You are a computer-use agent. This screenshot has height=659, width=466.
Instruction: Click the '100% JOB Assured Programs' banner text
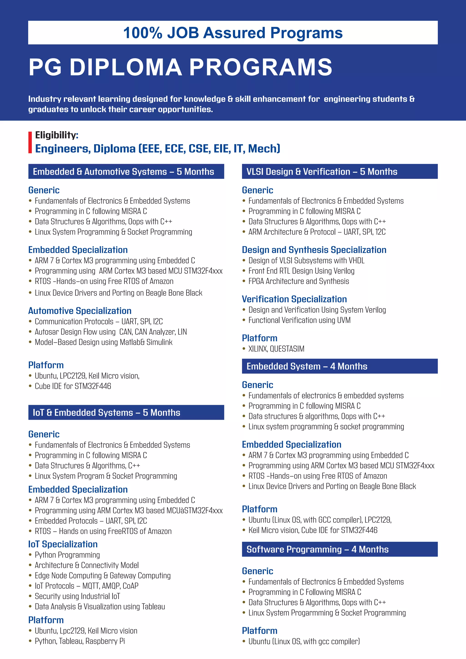233,33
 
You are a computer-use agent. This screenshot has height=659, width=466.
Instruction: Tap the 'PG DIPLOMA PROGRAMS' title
180,67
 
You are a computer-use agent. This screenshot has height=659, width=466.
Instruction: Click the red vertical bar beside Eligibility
30,142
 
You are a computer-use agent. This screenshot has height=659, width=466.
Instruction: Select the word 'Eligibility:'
56,135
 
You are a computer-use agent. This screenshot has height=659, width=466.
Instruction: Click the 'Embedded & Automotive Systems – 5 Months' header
123,172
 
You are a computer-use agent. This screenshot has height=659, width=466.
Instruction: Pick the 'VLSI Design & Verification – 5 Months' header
322,172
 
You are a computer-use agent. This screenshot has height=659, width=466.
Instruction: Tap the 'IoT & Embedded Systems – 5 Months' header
106,413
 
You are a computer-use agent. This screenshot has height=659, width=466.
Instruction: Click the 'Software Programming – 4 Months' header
317,549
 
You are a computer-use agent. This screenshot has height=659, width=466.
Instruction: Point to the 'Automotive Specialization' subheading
80,311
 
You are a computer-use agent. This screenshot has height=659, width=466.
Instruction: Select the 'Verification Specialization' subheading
294,299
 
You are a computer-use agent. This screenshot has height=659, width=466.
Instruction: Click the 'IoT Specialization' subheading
63,544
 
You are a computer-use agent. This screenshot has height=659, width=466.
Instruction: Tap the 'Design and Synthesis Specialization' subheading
314,250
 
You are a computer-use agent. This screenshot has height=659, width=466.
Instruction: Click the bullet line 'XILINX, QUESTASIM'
276,349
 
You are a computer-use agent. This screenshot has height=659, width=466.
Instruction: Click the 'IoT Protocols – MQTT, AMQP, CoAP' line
86,586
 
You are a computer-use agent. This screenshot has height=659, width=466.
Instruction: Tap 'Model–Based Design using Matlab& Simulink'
104,342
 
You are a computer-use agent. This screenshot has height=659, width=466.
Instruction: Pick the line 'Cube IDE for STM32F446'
73,386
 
